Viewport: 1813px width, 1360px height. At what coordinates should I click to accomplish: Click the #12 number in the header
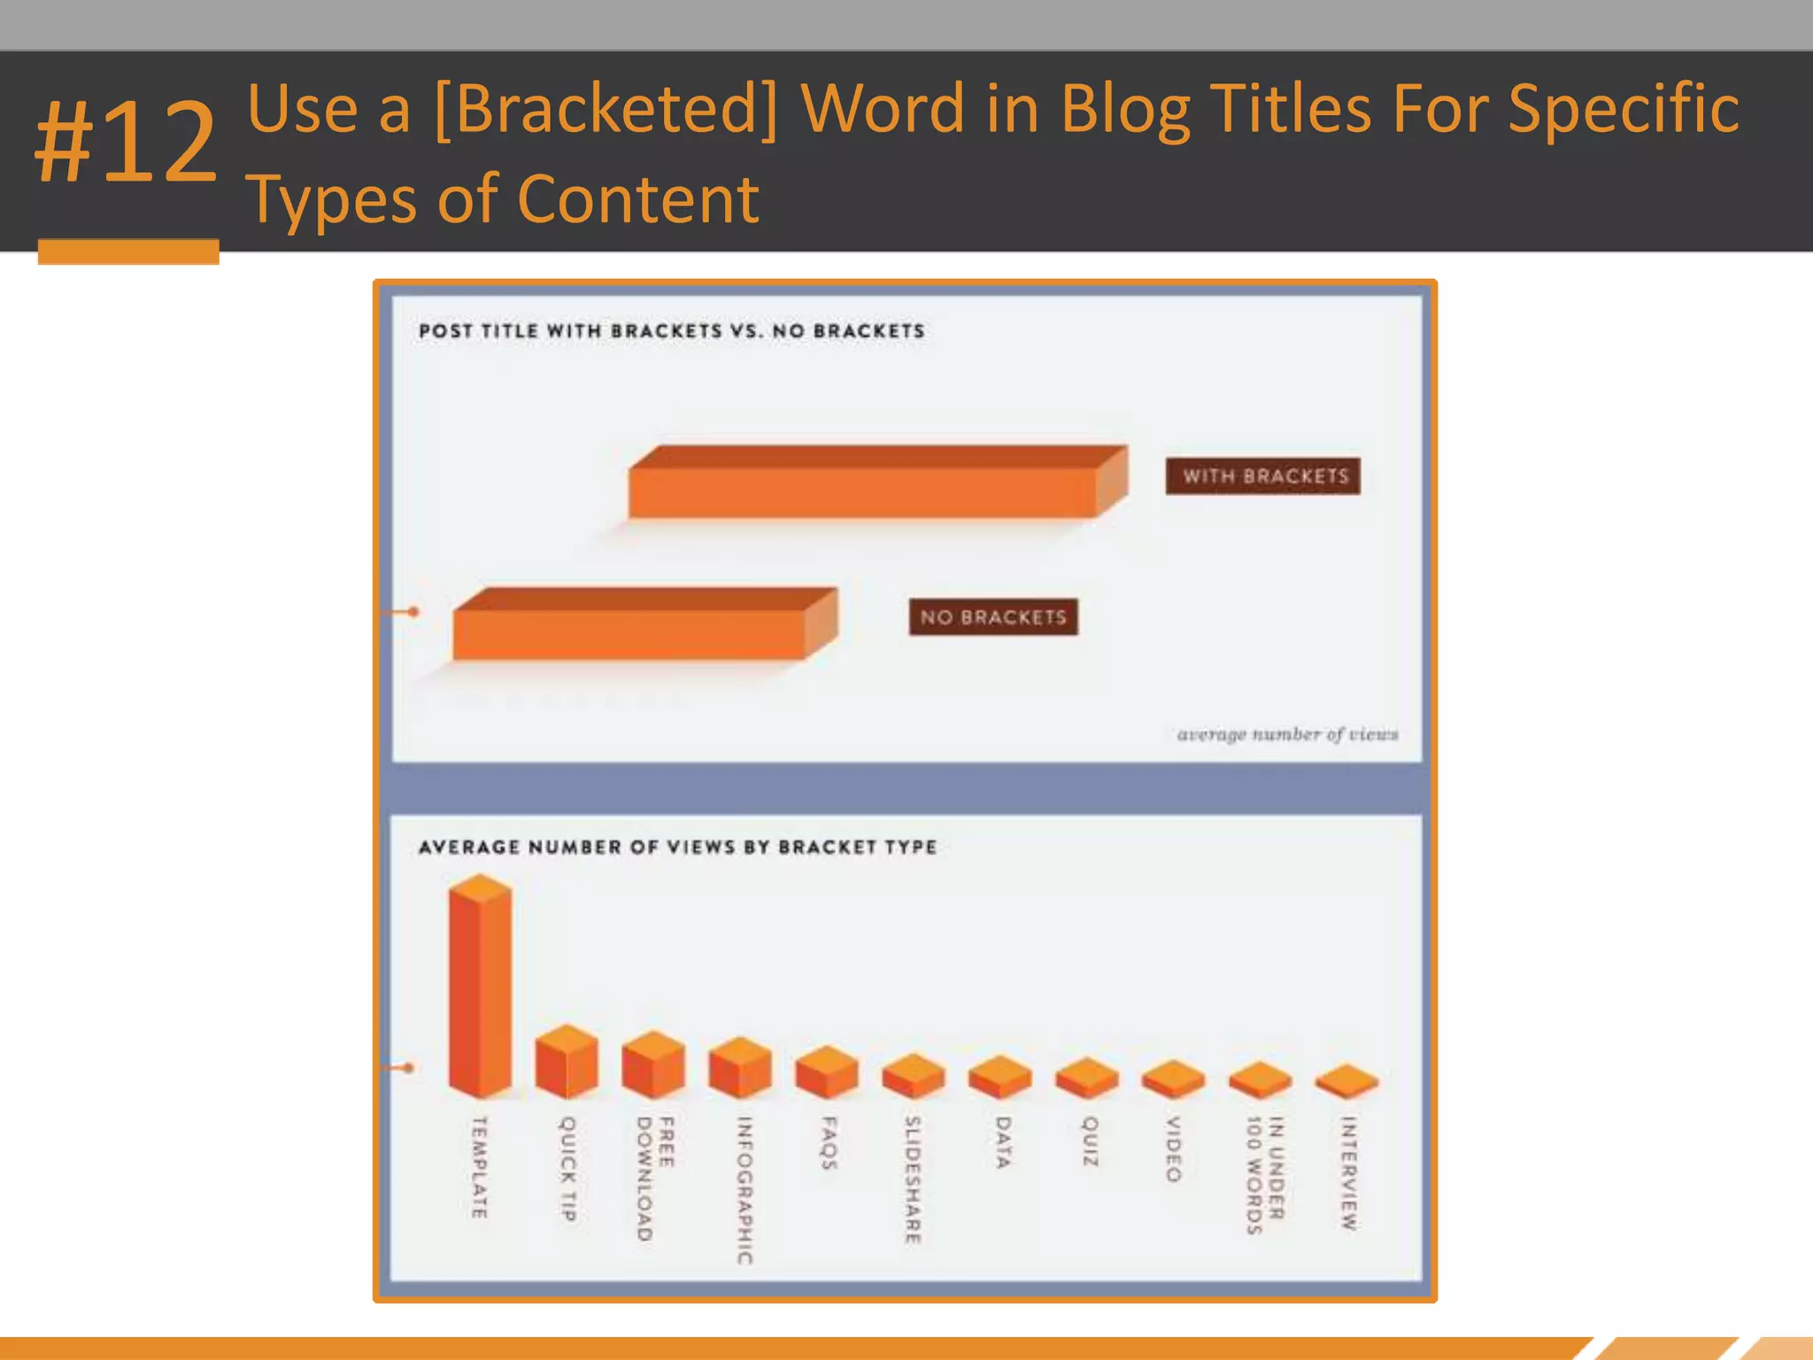(126, 142)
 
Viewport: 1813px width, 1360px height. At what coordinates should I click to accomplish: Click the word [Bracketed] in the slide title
(606, 108)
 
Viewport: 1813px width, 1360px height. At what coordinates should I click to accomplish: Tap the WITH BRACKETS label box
(1262, 476)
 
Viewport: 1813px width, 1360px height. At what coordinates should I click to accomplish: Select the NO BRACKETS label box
(992, 617)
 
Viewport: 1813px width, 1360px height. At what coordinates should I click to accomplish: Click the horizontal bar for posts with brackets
(863, 491)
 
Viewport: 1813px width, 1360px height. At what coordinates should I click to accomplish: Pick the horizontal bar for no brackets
(630, 632)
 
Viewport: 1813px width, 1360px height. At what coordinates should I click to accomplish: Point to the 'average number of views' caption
(1286, 734)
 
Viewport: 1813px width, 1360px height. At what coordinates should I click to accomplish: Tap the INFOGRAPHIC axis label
(744, 1189)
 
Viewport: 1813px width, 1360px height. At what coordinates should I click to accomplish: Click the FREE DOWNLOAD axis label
(655, 1178)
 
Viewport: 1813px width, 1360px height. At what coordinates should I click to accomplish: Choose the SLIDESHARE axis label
(913, 1179)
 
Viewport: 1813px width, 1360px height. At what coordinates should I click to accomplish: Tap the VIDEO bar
(1173, 1079)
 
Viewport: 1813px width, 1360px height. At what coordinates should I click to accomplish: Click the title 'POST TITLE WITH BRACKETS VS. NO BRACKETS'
(671, 331)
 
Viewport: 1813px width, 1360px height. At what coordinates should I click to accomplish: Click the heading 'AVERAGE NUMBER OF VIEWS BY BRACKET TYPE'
(677, 847)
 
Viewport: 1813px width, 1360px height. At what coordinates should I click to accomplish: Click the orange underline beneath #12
(128, 251)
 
